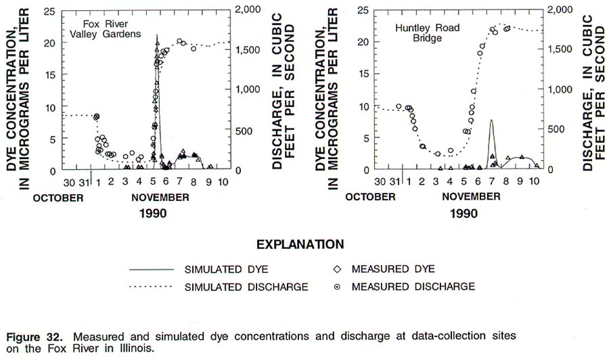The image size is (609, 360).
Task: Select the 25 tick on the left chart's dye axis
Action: (49, 11)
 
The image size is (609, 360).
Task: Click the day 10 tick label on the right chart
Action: (533, 183)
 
